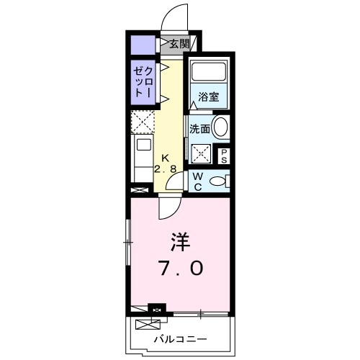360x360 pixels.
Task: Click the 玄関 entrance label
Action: tap(179, 45)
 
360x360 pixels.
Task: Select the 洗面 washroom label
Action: tap(199, 130)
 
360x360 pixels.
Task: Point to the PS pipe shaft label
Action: tap(224, 155)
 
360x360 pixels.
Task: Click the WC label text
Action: tap(196, 181)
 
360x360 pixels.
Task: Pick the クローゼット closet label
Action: tap(143, 82)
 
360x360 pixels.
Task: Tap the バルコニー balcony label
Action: tap(181, 338)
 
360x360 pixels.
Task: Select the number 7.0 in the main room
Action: tap(181, 269)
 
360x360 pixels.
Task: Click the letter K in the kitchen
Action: tap(166, 158)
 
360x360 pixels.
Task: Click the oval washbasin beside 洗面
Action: tap(221, 130)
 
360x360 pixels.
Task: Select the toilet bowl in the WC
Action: tap(216, 180)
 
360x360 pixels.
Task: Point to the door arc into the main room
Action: tap(168, 207)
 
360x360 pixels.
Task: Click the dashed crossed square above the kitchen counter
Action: tap(143, 122)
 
